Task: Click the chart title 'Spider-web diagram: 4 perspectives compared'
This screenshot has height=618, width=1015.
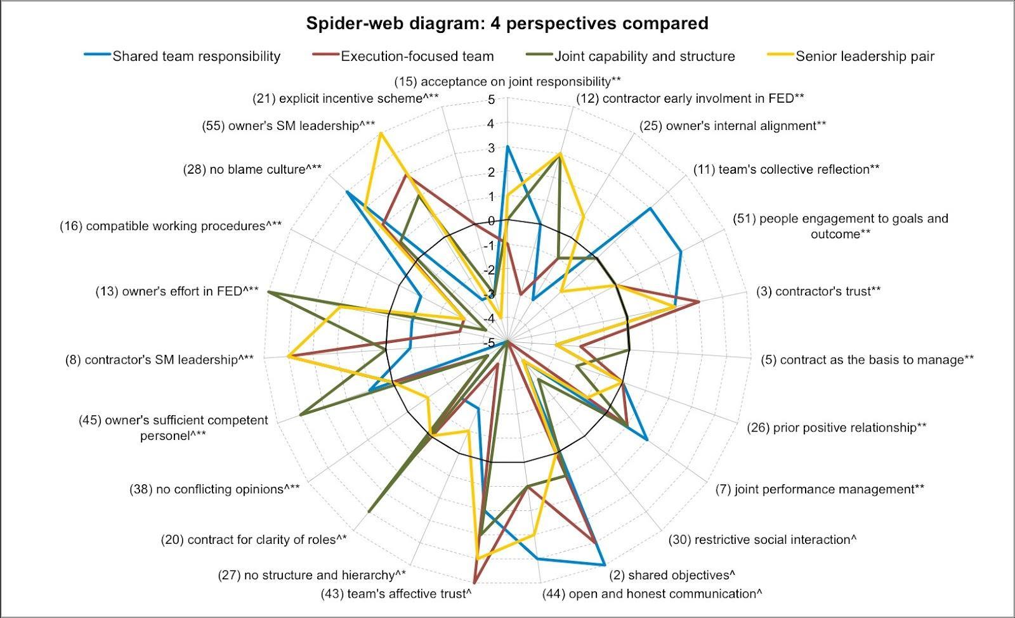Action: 507,23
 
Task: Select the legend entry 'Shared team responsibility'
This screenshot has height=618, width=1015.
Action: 196,56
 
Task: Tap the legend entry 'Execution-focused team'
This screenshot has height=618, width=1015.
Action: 417,56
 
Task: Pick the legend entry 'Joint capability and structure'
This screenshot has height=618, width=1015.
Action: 645,56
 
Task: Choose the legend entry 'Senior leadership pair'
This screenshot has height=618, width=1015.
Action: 865,56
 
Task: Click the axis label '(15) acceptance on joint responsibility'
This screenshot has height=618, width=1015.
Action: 507,82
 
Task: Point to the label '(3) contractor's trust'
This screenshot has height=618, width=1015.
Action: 818,292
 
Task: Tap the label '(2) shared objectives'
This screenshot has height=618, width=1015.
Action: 672,575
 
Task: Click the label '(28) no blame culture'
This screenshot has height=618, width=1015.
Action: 252,170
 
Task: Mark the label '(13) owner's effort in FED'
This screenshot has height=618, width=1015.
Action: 177,292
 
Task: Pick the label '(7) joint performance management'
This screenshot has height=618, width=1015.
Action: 820,489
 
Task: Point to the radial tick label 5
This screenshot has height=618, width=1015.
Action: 491,100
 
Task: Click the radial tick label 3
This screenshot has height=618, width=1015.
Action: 491,148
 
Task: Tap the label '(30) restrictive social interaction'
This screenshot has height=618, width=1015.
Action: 763,540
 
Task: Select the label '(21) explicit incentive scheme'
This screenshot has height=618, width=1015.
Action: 346,98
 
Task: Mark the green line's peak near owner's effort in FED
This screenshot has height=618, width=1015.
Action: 268,292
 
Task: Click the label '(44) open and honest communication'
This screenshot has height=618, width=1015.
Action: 652,594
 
